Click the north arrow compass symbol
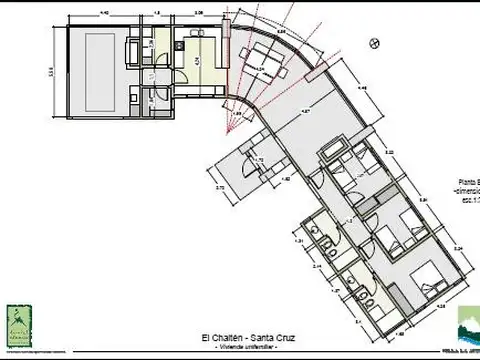click(x=373, y=43)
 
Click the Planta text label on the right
click(x=466, y=181)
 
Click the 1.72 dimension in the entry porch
click(x=258, y=160)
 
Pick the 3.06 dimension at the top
click(x=200, y=13)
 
